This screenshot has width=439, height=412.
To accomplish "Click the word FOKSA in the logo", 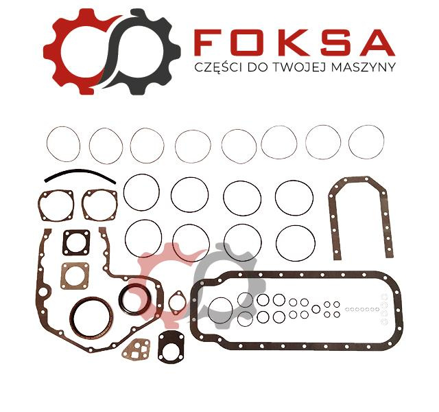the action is coord(294,43).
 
